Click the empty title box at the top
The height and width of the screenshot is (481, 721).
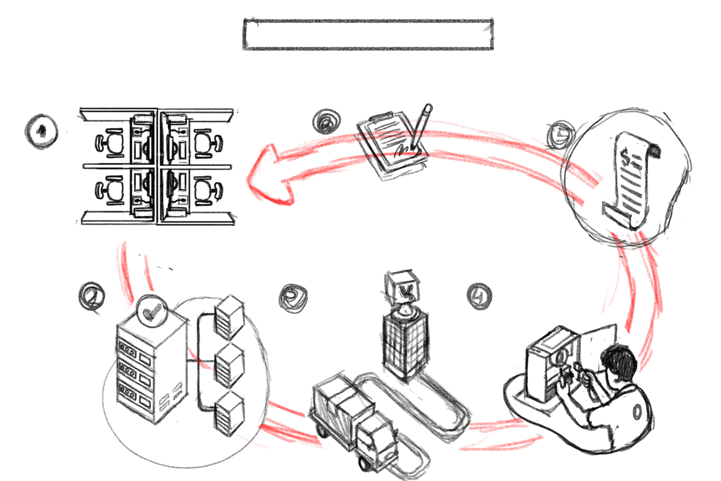click(368, 34)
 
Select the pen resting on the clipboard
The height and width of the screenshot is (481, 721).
click(422, 125)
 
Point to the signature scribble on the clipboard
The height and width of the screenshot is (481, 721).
click(406, 148)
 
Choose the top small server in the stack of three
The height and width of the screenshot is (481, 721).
click(229, 317)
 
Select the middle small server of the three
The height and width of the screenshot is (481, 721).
click(229, 365)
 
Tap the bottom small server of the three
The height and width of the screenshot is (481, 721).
click(229, 413)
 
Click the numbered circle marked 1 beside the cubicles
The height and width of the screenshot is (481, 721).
click(41, 131)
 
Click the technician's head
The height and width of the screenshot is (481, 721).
click(620, 363)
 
